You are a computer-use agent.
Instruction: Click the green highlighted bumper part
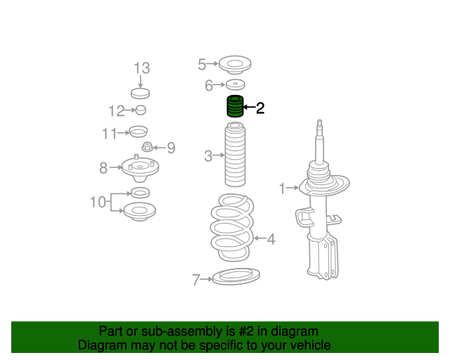pyautogui.click(x=235, y=106)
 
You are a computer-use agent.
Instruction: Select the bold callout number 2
pyautogui.click(x=260, y=108)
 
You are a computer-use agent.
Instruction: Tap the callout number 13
pyautogui.click(x=142, y=68)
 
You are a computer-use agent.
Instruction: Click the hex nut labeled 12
pyautogui.click(x=141, y=110)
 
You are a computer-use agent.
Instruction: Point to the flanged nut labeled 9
pyautogui.click(x=147, y=147)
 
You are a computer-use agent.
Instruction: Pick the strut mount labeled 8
pyautogui.click(x=140, y=169)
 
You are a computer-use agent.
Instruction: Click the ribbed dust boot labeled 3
pyautogui.click(x=235, y=155)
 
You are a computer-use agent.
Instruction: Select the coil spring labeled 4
pyautogui.click(x=232, y=227)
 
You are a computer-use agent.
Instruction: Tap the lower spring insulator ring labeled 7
pyautogui.click(x=236, y=276)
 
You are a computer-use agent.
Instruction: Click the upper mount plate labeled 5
pyautogui.click(x=235, y=65)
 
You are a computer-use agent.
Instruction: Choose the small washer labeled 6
pyautogui.click(x=236, y=84)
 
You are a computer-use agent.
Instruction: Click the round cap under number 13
pyautogui.click(x=141, y=94)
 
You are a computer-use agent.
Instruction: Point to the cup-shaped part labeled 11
pyautogui.click(x=139, y=131)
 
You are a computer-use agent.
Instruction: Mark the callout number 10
pyautogui.click(x=98, y=202)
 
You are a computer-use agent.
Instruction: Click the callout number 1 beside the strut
pyautogui.click(x=283, y=188)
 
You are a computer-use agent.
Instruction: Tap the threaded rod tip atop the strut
pyautogui.click(x=319, y=123)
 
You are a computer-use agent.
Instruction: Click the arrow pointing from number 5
pyautogui.click(x=212, y=64)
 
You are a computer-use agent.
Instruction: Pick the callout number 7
pyautogui.click(x=196, y=280)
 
